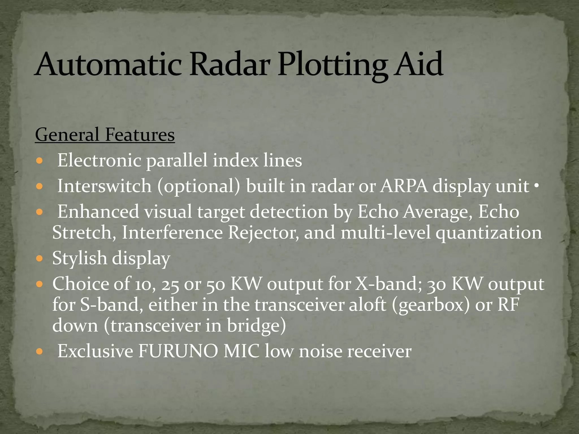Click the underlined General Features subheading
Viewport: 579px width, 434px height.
pyautogui.click(x=105, y=135)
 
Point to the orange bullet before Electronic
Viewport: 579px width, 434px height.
pyautogui.click(x=40, y=161)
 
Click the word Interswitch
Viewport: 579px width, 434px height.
pyautogui.click(x=105, y=186)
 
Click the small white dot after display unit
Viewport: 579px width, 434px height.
pyautogui.click(x=536, y=186)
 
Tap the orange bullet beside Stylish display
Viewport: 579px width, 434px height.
pyautogui.click(x=40, y=258)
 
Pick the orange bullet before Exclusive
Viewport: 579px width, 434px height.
pyautogui.click(x=40, y=352)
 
